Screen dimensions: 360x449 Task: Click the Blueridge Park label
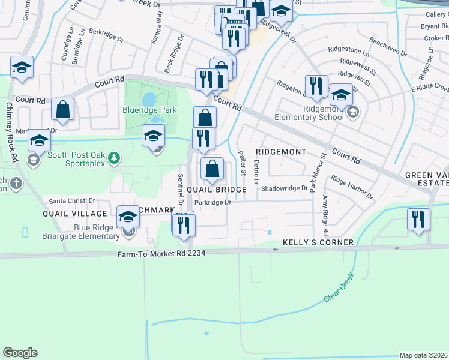149,110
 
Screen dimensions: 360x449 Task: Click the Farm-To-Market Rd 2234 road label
161,253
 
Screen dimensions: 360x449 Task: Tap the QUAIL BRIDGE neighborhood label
216,190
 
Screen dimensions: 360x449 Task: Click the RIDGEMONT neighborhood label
282,152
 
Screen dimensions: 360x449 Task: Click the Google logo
20,353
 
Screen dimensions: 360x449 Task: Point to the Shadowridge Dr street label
284,188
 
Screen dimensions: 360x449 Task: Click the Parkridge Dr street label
212,202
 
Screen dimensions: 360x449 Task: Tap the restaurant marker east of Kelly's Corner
418,220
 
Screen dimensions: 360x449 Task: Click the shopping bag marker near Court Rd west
63,110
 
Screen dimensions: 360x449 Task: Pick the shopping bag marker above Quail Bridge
212,169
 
